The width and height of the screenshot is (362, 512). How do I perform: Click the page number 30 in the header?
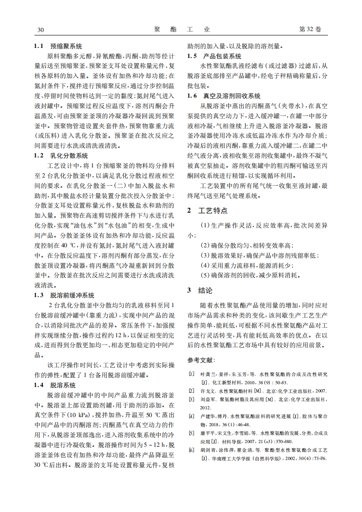pos(40,30)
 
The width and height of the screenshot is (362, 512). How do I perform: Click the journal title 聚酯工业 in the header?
pos(182,30)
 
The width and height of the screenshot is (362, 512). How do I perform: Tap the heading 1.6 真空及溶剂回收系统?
pos(224,96)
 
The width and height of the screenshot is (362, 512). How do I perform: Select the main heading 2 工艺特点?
pos(207,211)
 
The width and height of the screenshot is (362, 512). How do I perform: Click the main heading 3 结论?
pos(200,290)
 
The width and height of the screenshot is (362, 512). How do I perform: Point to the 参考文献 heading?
pos(199,360)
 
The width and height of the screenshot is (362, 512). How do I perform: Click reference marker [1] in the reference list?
pos(191,374)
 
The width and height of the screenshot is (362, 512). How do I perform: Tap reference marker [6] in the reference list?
pos(191,450)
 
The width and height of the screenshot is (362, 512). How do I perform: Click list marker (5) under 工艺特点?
pos(205,275)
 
